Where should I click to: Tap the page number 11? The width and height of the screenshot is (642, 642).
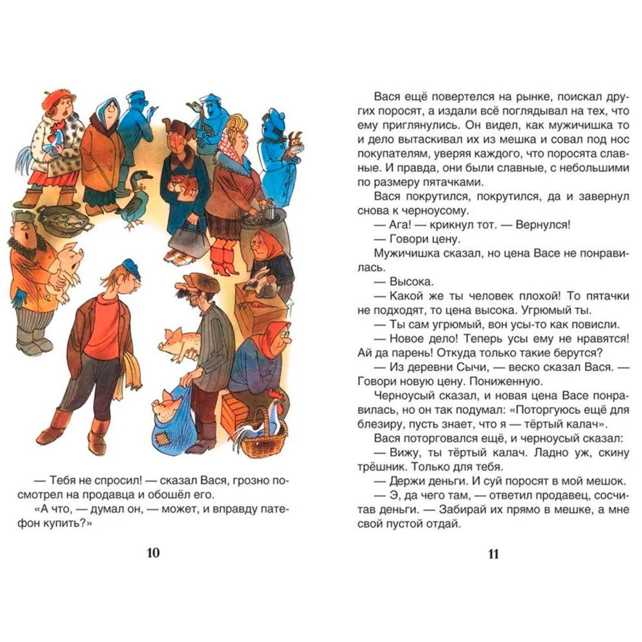(x=493, y=553)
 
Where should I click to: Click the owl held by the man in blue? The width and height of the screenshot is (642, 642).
(x=297, y=143)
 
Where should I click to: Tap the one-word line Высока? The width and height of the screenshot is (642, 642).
(x=411, y=282)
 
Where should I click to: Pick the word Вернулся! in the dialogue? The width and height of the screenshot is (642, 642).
(x=538, y=225)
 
